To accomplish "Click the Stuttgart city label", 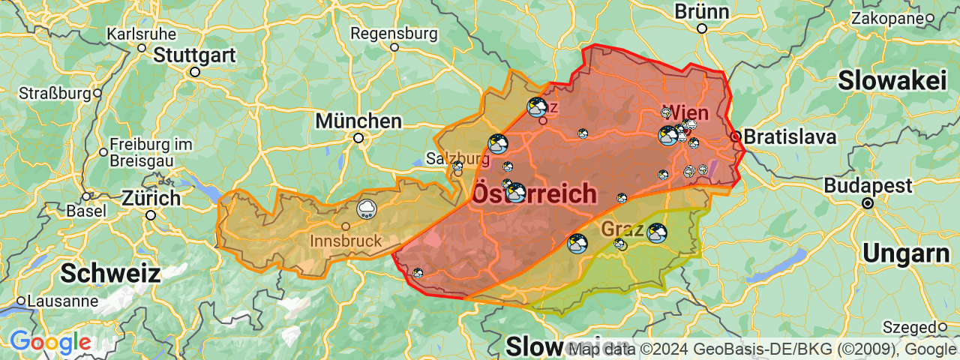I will [195, 55].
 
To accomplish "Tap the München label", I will [358, 121].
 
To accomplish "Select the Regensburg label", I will [394, 34].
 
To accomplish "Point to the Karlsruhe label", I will [142, 34].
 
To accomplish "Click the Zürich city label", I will [151, 199].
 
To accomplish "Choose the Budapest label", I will [867, 185].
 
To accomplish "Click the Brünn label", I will [702, 12].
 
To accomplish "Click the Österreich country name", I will [534, 194].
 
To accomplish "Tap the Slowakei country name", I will [892, 80].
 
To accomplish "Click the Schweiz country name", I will [110, 273].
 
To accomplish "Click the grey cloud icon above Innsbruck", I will [367, 208].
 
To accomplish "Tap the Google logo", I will [50, 343].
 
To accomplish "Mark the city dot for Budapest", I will [868, 203].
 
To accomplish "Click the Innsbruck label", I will [346, 241].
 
